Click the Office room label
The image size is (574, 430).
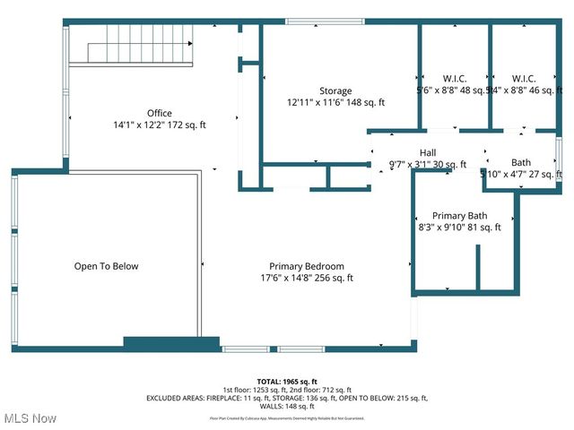pyautogui.click(x=160, y=113)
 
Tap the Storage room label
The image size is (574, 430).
pyautogui.click(x=335, y=90)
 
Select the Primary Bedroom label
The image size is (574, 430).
pyautogui.click(x=307, y=266)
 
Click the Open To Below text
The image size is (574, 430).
pyautogui.click(x=106, y=266)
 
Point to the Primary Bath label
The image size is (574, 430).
pyautogui.click(x=459, y=216)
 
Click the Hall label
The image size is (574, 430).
pyautogui.click(x=428, y=152)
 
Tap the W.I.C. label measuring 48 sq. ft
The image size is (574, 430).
pyautogui.click(x=455, y=78)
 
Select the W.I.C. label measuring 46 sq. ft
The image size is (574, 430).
pyautogui.click(x=525, y=78)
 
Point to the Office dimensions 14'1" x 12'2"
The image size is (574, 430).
pyautogui.click(x=160, y=125)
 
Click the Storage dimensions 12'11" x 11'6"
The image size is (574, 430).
pyautogui.click(x=335, y=102)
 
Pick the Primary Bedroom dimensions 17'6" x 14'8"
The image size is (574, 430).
pyautogui.click(x=301, y=278)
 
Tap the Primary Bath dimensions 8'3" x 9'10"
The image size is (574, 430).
pyautogui.click(x=460, y=228)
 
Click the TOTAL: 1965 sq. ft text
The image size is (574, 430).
pyautogui.click(x=288, y=382)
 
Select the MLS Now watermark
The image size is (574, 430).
pyautogui.click(x=30, y=418)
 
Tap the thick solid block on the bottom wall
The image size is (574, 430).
pyautogui.click(x=171, y=343)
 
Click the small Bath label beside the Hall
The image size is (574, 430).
pyautogui.click(x=521, y=162)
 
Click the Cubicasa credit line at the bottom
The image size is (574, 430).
pyautogui.click(x=288, y=417)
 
